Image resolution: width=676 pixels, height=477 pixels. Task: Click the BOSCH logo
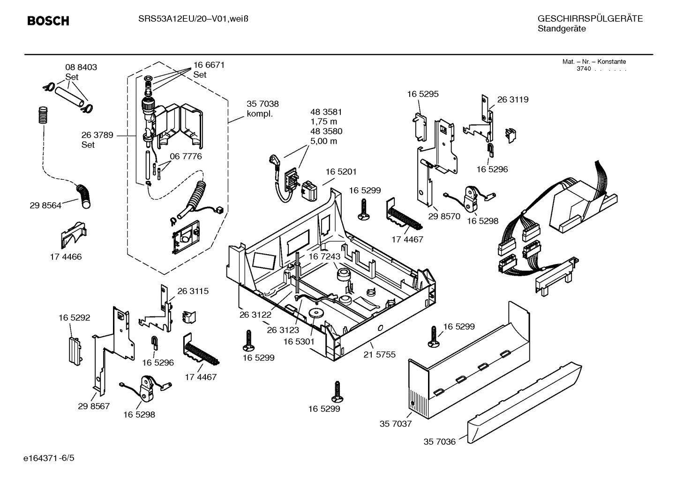[48, 21]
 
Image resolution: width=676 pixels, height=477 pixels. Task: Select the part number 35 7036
[439, 441]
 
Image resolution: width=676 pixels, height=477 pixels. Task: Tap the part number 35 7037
[395, 424]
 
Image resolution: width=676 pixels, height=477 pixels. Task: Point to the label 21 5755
[379, 354]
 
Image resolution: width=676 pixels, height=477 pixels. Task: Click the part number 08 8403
[81, 67]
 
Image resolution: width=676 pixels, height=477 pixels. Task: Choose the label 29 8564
[45, 205]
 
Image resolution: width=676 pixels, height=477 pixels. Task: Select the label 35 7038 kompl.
[263, 109]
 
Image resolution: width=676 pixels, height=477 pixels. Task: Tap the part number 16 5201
[341, 172]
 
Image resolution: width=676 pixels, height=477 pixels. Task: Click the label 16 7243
[324, 257]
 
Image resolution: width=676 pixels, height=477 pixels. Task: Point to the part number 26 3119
[512, 99]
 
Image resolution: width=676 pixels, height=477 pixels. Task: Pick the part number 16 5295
[422, 94]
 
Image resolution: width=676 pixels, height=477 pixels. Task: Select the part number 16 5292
[74, 317]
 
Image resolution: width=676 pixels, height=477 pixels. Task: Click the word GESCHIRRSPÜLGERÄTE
[590, 19]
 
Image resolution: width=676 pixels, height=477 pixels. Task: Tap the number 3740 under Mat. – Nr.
[583, 69]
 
